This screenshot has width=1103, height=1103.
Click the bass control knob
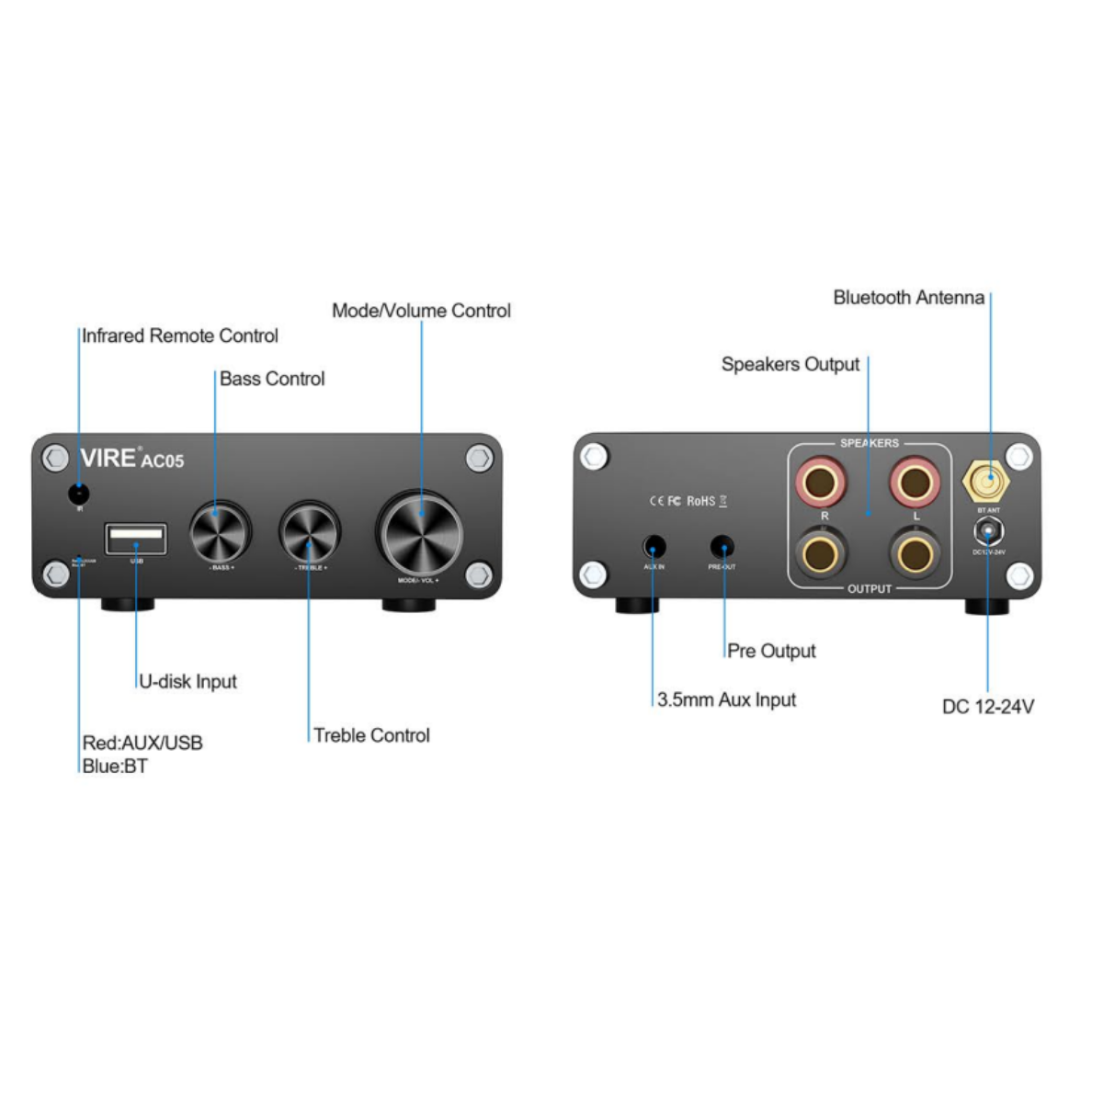point(221,532)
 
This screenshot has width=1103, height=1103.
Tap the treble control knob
point(310,532)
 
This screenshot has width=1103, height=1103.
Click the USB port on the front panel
point(136,539)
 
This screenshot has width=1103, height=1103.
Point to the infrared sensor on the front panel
point(79,494)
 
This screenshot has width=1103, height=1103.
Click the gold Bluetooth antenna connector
point(987,481)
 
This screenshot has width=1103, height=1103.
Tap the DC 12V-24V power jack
point(988,532)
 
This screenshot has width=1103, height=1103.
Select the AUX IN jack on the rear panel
point(654,547)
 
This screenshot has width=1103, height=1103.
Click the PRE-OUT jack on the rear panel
point(722,547)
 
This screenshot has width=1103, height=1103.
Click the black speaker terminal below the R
point(820,554)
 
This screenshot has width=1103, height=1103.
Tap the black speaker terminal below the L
point(915,554)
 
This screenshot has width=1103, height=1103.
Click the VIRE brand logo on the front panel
point(108,458)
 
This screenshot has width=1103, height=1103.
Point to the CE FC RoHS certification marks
point(688,501)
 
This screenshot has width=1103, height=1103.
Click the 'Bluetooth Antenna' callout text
point(908,298)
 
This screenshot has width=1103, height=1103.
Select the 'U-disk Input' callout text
point(188,682)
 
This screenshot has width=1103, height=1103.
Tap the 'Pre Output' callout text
point(771,652)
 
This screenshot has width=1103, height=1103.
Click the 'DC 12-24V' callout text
point(988,707)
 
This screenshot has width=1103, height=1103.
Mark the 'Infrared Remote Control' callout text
point(180,336)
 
